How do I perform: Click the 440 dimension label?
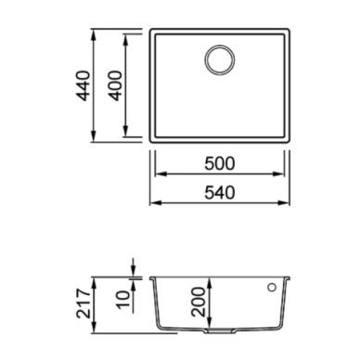click(x=84, y=86)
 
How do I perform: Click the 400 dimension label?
click(x=116, y=85)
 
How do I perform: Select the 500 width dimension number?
click(x=220, y=163)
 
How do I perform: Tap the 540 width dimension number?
click(x=220, y=192)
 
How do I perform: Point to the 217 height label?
click(x=84, y=303)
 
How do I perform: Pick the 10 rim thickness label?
click(x=123, y=299)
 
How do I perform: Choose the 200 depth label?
click(x=199, y=302)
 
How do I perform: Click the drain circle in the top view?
click(x=220, y=60)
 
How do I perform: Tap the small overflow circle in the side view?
click(x=272, y=288)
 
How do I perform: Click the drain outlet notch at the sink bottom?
click(x=219, y=331)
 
